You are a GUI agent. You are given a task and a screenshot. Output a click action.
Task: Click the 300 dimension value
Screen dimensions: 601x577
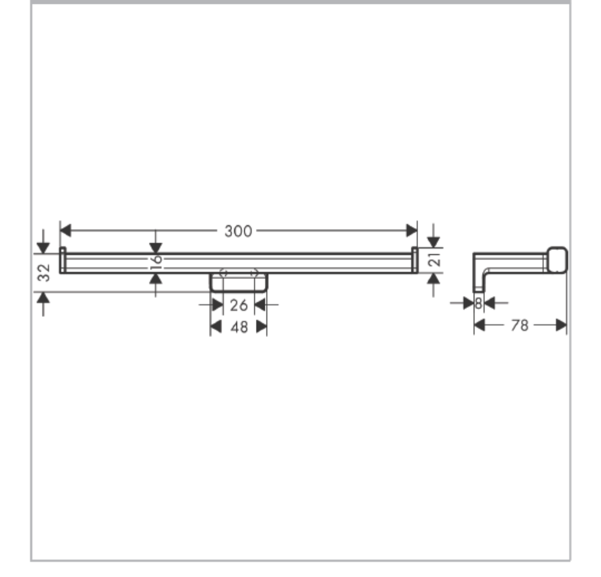tap(238, 232)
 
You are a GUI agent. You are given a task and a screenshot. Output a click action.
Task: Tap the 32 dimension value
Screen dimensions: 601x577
tap(44, 272)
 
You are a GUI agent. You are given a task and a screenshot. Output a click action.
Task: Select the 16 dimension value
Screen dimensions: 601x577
tap(156, 262)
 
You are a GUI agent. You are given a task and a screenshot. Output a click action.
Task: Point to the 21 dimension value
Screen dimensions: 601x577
tap(435, 260)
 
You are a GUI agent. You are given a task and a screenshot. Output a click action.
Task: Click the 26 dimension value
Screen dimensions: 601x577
tap(239, 305)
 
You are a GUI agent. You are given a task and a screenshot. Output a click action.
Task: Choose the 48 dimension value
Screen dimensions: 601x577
tap(239, 327)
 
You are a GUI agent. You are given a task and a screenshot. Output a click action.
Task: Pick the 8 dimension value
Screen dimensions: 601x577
tap(478, 304)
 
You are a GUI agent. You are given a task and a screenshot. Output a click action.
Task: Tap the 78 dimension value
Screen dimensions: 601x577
tap(520, 325)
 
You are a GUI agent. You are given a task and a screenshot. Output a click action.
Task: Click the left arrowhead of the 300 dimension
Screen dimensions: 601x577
tap(66, 230)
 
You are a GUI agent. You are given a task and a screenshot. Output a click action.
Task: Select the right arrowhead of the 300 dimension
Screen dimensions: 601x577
tap(411, 230)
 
